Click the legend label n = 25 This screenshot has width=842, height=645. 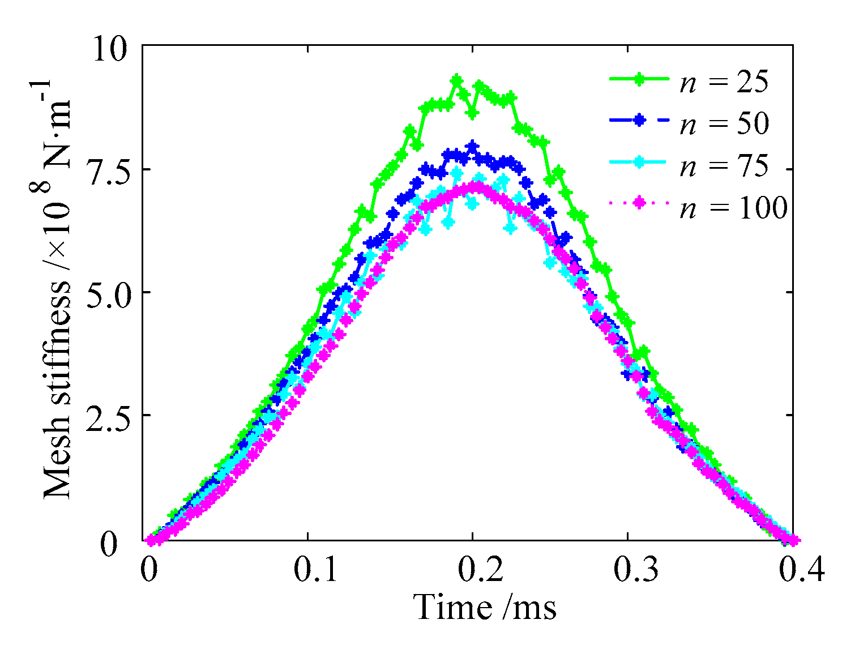click(x=724, y=82)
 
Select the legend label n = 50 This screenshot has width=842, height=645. click(x=724, y=123)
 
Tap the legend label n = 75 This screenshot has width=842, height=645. click(x=724, y=166)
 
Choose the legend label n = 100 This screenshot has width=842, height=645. click(x=733, y=208)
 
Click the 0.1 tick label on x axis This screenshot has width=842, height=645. click(x=315, y=571)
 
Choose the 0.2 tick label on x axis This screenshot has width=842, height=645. click(x=480, y=571)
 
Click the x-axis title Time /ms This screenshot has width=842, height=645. click(x=485, y=608)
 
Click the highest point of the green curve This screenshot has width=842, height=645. click(x=456, y=79)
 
